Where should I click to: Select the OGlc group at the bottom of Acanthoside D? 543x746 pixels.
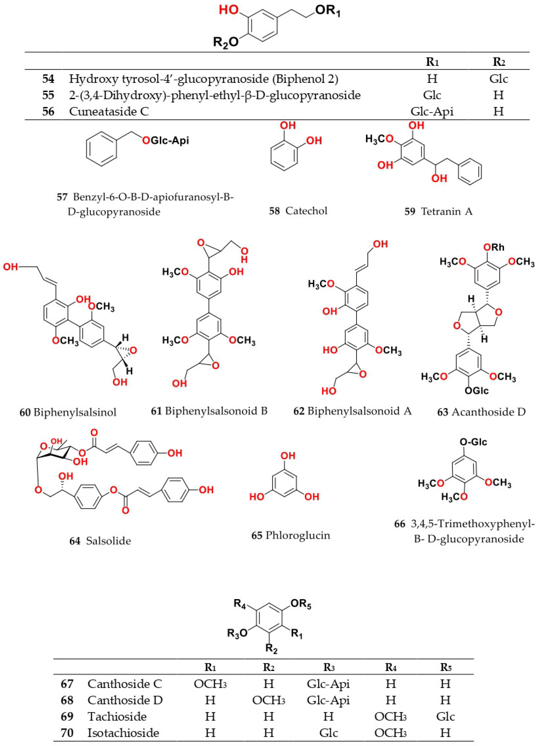pyautogui.click(x=476, y=391)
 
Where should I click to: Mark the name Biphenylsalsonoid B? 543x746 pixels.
pyautogui.click(x=216, y=411)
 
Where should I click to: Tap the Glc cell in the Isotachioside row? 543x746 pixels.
pyautogui.click(x=328, y=733)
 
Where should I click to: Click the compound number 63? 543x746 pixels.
pyautogui.click(x=443, y=412)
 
